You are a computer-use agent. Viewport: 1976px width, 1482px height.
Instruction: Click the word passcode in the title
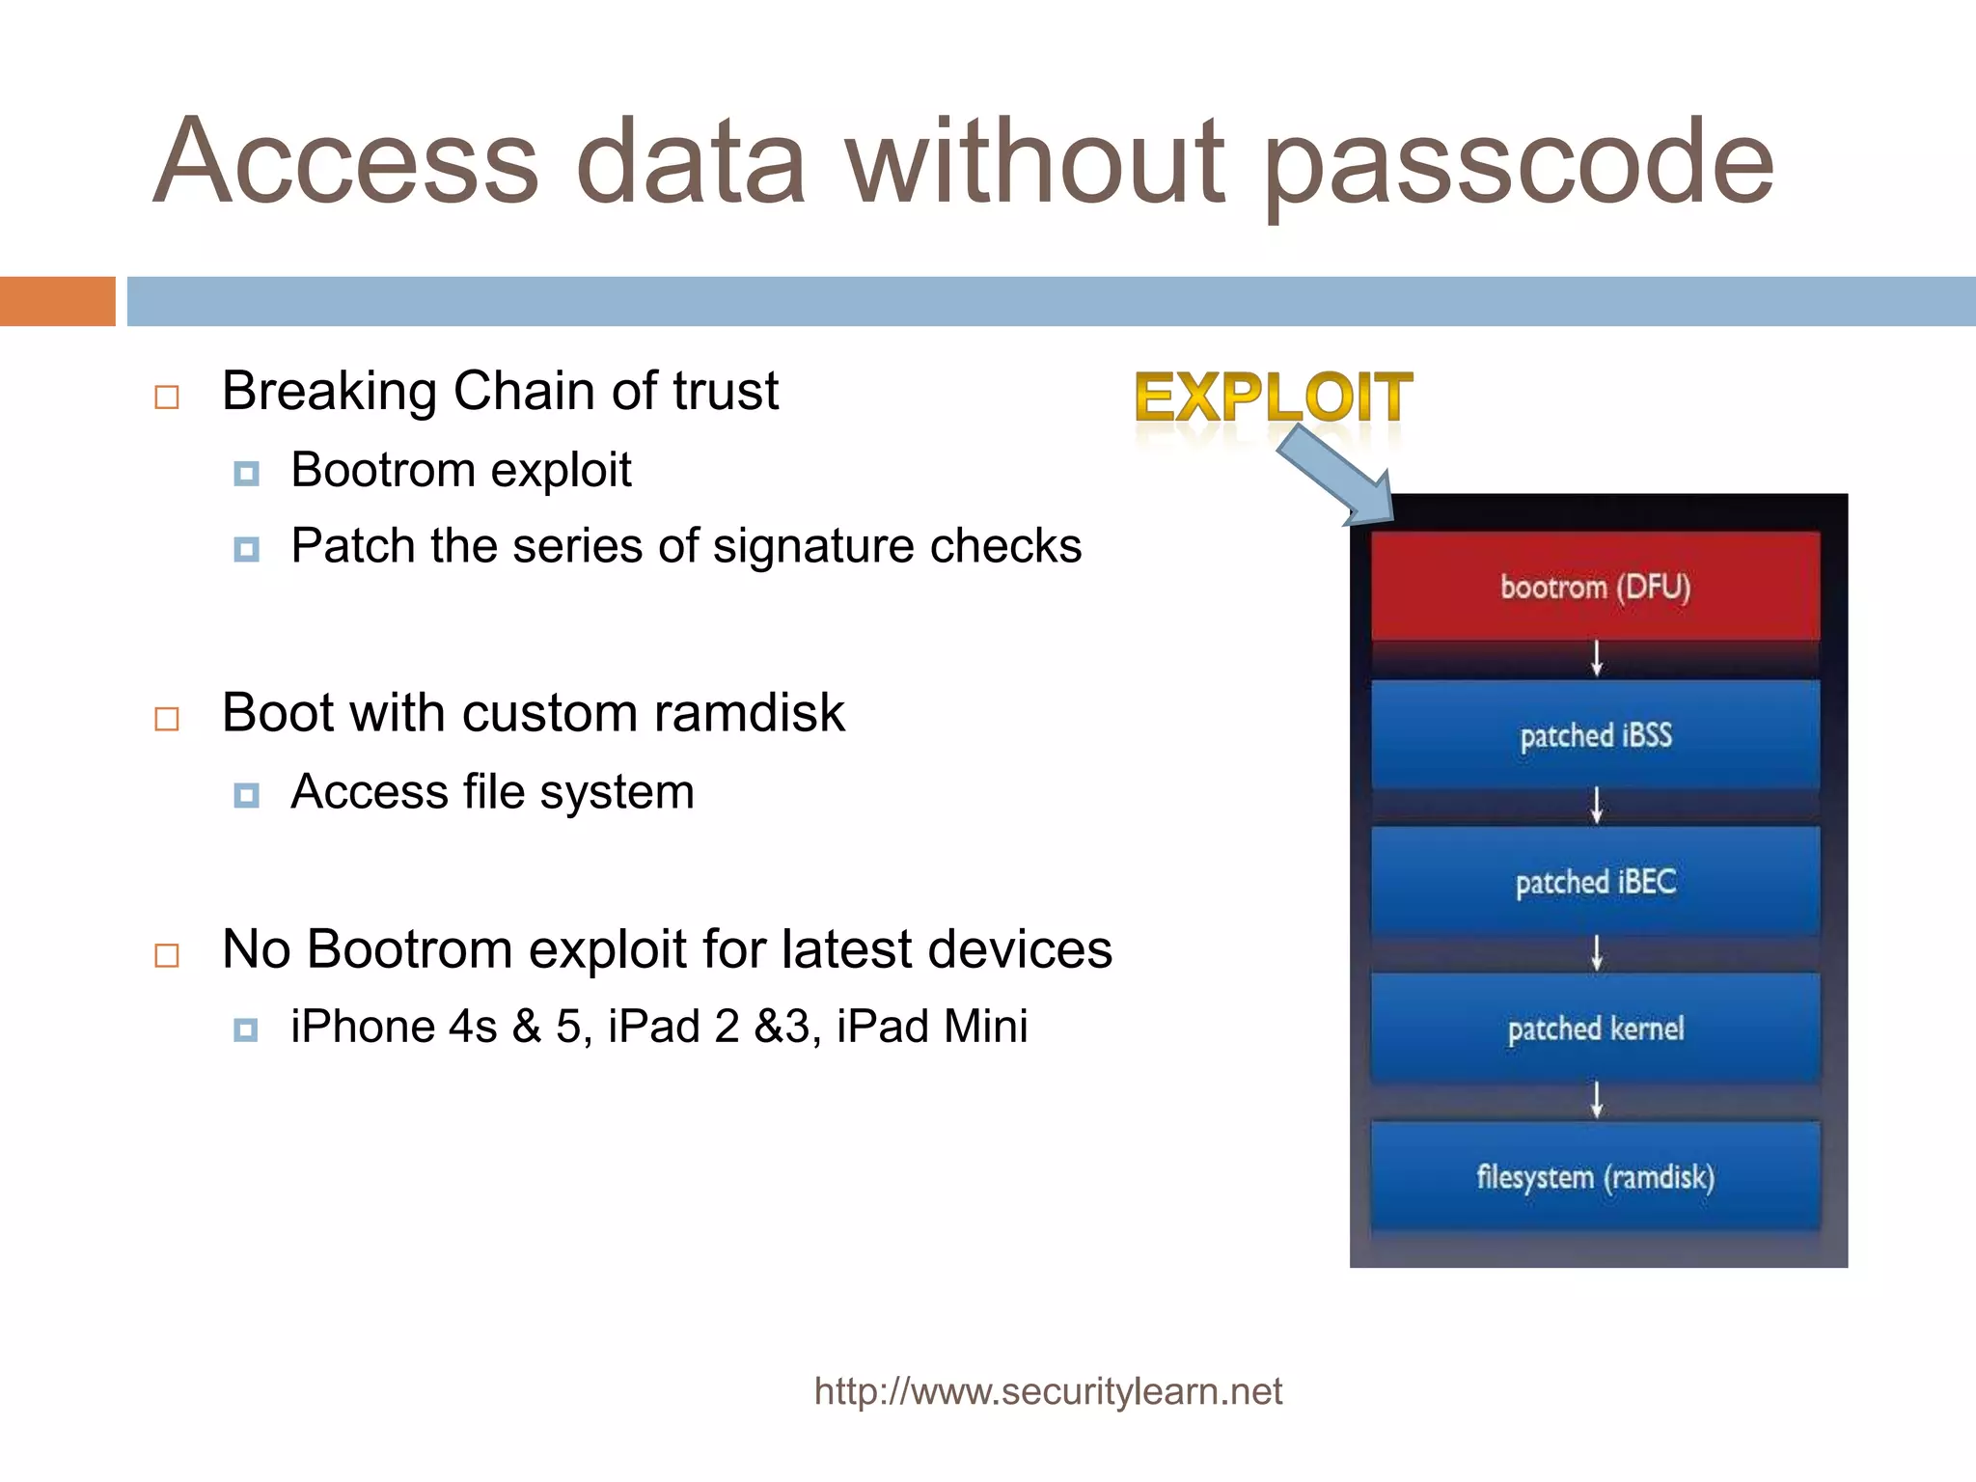[x=1519, y=164]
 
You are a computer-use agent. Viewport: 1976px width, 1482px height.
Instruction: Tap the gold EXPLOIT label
[x=1273, y=398]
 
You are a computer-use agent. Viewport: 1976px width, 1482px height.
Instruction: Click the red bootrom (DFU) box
[x=1595, y=587]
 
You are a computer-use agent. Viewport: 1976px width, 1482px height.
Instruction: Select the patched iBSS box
[x=1595, y=735]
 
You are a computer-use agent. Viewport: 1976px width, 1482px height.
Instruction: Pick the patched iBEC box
[x=1595, y=882]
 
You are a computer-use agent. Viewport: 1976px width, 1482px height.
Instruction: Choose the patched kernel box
[x=1595, y=1029]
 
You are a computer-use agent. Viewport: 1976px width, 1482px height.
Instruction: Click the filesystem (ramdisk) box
[x=1595, y=1177]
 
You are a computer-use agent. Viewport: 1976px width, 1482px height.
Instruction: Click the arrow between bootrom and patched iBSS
[x=1597, y=658]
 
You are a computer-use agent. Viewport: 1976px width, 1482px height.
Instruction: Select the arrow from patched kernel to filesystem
[x=1597, y=1099]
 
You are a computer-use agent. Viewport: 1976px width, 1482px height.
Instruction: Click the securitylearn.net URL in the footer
[x=1048, y=1391]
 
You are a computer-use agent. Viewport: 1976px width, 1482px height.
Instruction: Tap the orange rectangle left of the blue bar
[x=57, y=301]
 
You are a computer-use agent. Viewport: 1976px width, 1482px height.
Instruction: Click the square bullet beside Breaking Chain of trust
[x=167, y=397]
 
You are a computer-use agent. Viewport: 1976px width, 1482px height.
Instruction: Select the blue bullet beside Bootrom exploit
[x=246, y=473]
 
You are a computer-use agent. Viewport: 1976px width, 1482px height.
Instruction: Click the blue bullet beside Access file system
[x=246, y=795]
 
